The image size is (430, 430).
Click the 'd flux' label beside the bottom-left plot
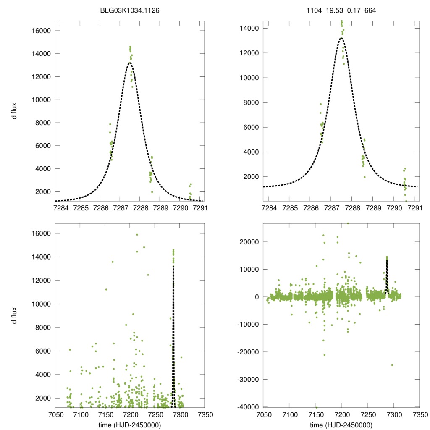pos(15,315)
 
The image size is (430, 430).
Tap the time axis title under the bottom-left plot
pos(129,425)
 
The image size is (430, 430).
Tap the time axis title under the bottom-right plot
pos(341,425)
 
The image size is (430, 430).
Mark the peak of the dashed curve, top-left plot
pos(130,63)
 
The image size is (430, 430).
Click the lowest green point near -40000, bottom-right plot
pos(316,407)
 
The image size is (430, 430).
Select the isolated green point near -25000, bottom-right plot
pos(392,365)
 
